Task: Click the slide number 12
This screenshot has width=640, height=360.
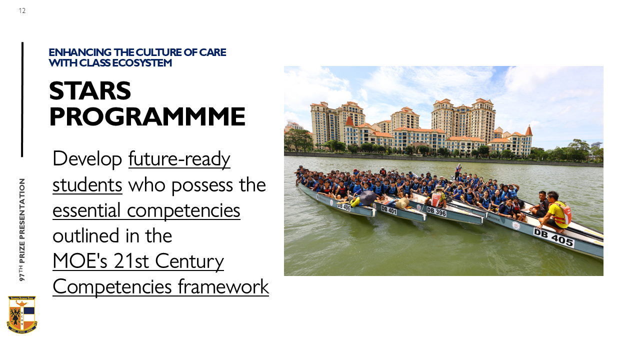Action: click(22, 11)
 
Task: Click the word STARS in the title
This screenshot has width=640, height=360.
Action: click(90, 91)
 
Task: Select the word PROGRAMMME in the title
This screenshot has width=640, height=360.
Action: click(147, 116)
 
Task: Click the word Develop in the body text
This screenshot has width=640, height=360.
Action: click(87, 159)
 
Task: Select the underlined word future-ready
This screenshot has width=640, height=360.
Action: click(179, 159)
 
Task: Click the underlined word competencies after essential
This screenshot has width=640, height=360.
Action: click(183, 210)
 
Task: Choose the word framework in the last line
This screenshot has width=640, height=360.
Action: click(223, 286)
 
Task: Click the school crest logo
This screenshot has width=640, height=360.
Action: click(22, 314)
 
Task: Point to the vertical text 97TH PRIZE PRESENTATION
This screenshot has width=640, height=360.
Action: click(22, 229)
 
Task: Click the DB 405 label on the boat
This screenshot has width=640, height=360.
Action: click(553, 237)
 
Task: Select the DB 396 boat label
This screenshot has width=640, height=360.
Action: click(436, 211)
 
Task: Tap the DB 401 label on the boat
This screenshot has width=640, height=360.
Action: click(389, 210)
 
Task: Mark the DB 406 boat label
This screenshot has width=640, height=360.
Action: click(343, 206)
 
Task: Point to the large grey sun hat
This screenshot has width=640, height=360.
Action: click(367, 197)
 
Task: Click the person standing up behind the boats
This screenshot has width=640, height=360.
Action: click(458, 171)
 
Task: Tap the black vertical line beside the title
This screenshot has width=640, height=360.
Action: click(22, 99)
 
